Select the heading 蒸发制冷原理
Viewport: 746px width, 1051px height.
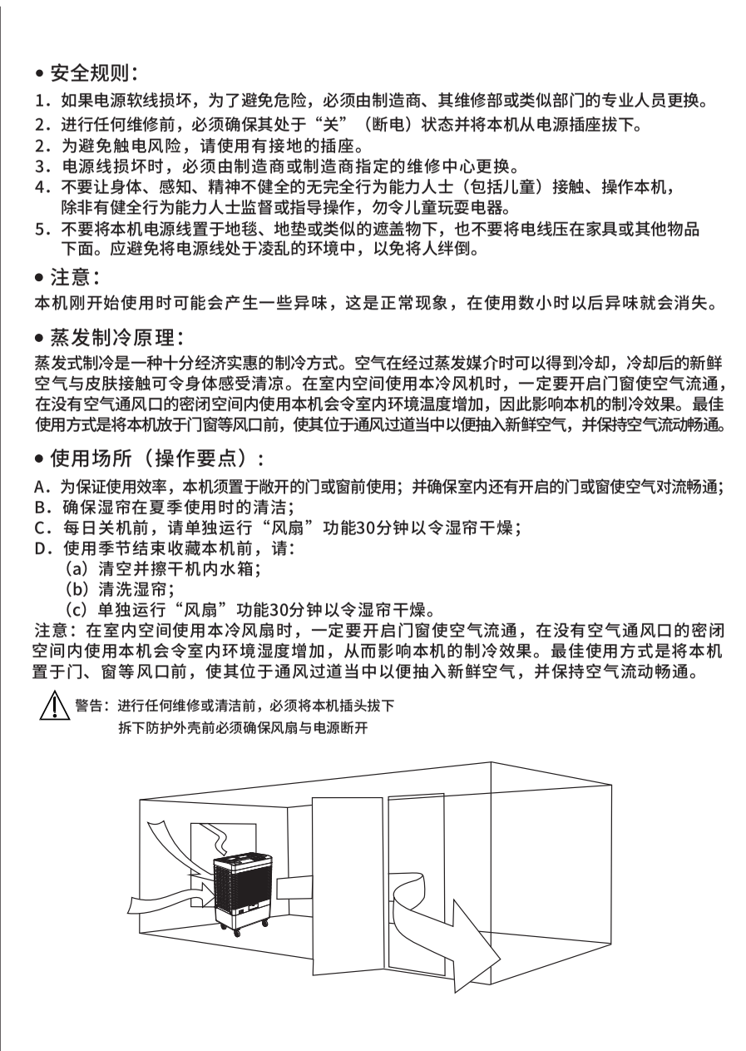(116, 339)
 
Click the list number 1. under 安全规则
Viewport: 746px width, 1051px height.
(41, 102)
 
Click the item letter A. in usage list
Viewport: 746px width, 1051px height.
(41, 488)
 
